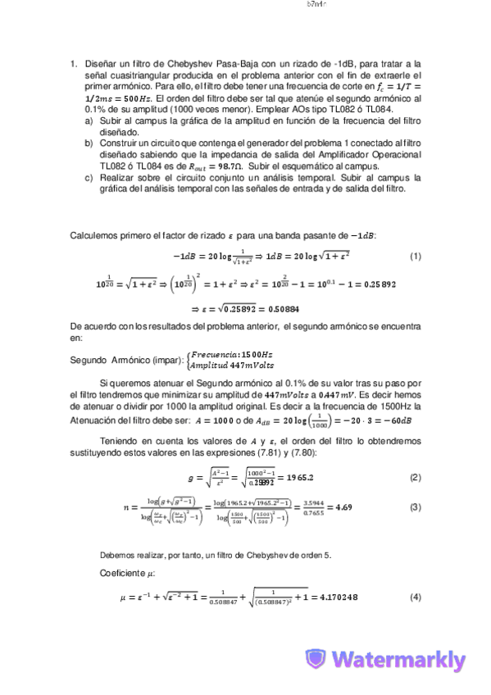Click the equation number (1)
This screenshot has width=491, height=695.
point(416,257)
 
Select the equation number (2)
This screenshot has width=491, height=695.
point(416,477)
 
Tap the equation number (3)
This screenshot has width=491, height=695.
point(416,506)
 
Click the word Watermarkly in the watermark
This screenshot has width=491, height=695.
point(400,661)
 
